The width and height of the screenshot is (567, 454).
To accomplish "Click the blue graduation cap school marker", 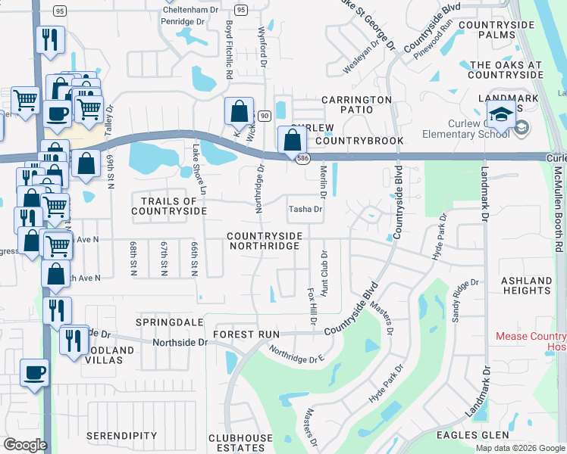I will click(x=500, y=114).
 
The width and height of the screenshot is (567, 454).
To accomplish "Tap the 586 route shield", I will click(x=302, y=158).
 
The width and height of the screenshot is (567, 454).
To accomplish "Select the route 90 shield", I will click(x=264, y=115).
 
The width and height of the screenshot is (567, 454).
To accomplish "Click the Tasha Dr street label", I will click(x=305, y=210).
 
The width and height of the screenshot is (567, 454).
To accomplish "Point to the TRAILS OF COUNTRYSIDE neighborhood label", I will click(x=169, y=206).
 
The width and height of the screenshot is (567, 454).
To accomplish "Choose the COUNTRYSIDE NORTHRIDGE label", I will click(x=265, y=241).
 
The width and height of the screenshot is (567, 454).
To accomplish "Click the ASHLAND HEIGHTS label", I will click(x=526, y=286).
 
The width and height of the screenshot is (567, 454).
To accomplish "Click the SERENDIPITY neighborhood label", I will click(x=121, y=437).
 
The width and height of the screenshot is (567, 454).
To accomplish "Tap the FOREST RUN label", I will click(x=246, y=334).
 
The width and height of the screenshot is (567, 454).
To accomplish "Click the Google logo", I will click(x=25, y=445).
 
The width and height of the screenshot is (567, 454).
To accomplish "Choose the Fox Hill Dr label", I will click(x=311, y=305).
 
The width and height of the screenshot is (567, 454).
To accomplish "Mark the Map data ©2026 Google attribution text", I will click(x=519, y=448).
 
